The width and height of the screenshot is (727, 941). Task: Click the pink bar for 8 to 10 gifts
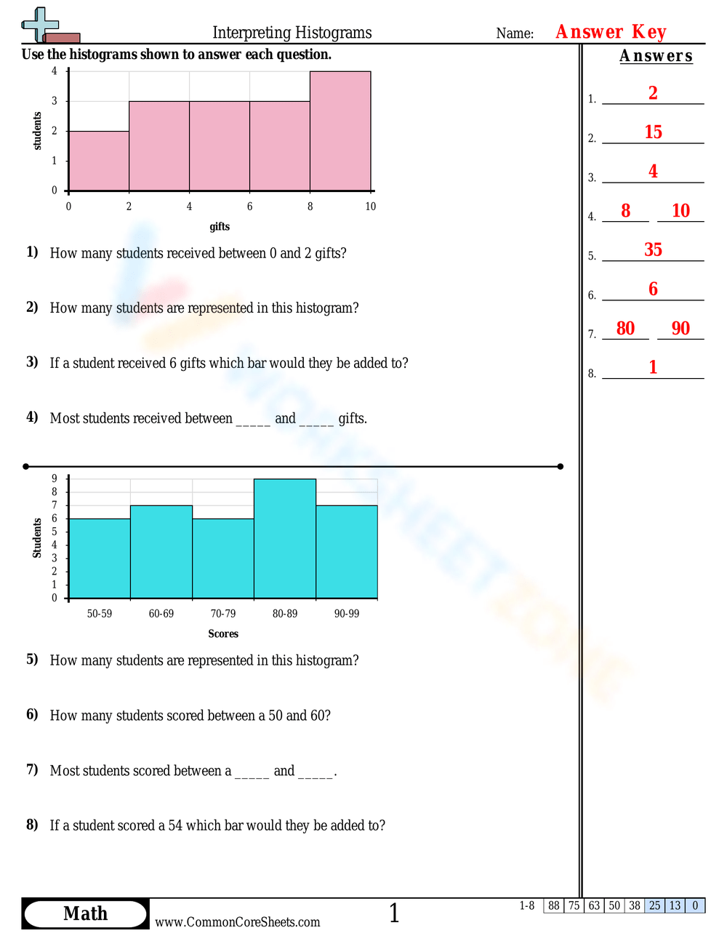(x=340, y=131)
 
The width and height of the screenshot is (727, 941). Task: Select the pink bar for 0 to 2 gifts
(x=99, y=161)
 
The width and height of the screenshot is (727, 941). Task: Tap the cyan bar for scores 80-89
(x=285, y=538)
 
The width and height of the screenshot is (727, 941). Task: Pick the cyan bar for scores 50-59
(x=100, y=558)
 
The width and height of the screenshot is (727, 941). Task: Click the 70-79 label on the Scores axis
(x=223, y=614)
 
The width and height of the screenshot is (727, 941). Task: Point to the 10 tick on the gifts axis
(x=371, y=207)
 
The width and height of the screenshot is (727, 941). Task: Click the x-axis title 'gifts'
(x=220, y=227)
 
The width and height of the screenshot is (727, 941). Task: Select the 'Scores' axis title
(x=223, y=634)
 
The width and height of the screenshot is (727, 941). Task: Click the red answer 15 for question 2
(x=653, y=132)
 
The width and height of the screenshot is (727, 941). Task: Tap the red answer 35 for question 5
(x=653, y=250)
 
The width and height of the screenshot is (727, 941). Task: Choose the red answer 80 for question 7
(x=625, y=329)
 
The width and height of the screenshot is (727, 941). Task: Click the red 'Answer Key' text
(x=611, y=32)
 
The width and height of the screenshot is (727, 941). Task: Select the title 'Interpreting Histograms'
(x=292, y=33)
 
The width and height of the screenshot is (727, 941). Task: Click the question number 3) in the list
(x=32, y=362)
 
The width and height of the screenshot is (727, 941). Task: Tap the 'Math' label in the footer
(x=85, y=914)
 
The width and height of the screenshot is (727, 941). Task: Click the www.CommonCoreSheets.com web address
(x=238, y=922)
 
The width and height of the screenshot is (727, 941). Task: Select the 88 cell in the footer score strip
(x=554, y=906)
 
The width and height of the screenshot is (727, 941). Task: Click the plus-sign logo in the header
(x=41, y=26)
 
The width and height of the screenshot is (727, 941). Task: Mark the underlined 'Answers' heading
(x=656, y=56)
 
